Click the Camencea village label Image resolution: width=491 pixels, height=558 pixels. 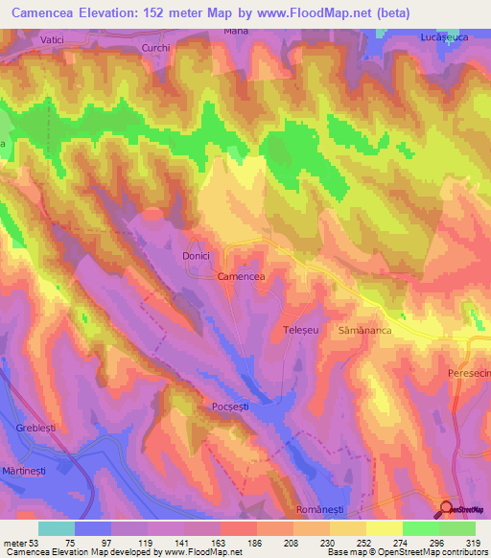click(x=241, y=276)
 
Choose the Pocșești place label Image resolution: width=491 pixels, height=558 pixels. click(x=230, y=407)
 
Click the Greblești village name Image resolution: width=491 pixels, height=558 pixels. click(x=39, y=427)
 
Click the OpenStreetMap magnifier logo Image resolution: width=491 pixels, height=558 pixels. click(x=448, y=510)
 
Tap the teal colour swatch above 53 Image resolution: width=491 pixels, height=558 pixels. click(x=57, y=528)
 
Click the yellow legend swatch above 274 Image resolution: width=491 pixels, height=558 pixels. click(x=384, y=528)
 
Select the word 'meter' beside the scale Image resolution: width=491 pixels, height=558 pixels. click(x=16, y=542)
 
